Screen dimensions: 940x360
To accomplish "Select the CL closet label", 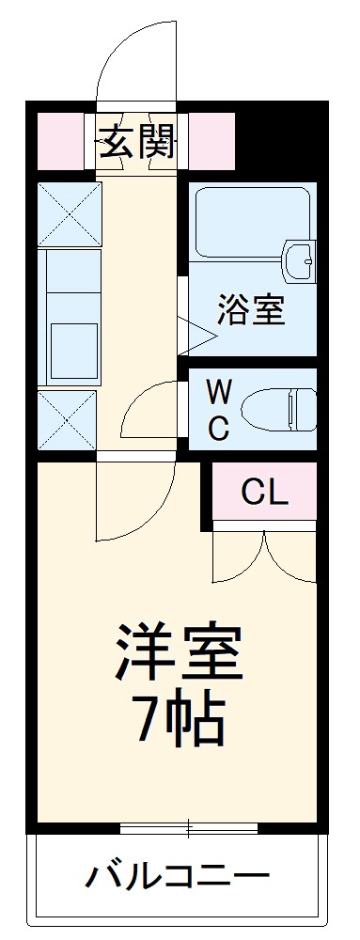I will pyautogui.click(x=264, y=490).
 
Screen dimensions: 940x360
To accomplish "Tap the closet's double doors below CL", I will pyautogui.click(x=264, y=556).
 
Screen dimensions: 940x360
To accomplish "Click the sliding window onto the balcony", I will pyautogui.click(x=189, y=827).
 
